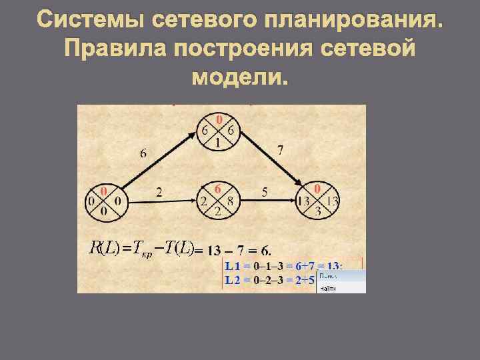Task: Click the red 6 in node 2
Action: (x=218, y=189)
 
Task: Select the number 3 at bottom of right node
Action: (x=318, y=211)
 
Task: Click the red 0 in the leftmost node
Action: (x=104, y=191)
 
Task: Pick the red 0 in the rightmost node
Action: (x=318, y=189)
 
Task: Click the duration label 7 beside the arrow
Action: (x=280, y=150)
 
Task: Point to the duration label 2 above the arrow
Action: (x=159, y=193)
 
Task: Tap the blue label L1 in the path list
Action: (x=233, y=266)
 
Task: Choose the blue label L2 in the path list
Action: (x=233, y=280)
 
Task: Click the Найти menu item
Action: (x=328, y=289)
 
